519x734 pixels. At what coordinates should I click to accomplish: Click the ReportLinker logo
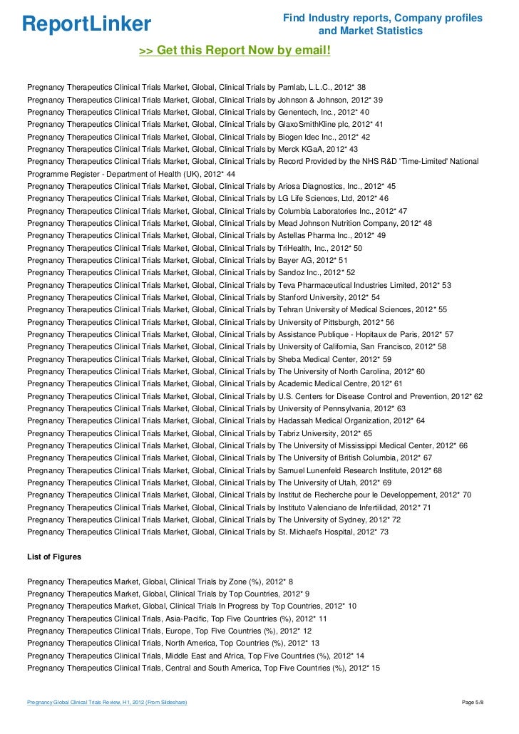pos(87,24)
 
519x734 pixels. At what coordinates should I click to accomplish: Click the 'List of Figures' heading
pos(54,556)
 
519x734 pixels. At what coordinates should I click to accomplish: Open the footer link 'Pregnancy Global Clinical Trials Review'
pos(106,703)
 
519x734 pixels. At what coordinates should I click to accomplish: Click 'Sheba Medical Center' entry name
pos(318,359)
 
